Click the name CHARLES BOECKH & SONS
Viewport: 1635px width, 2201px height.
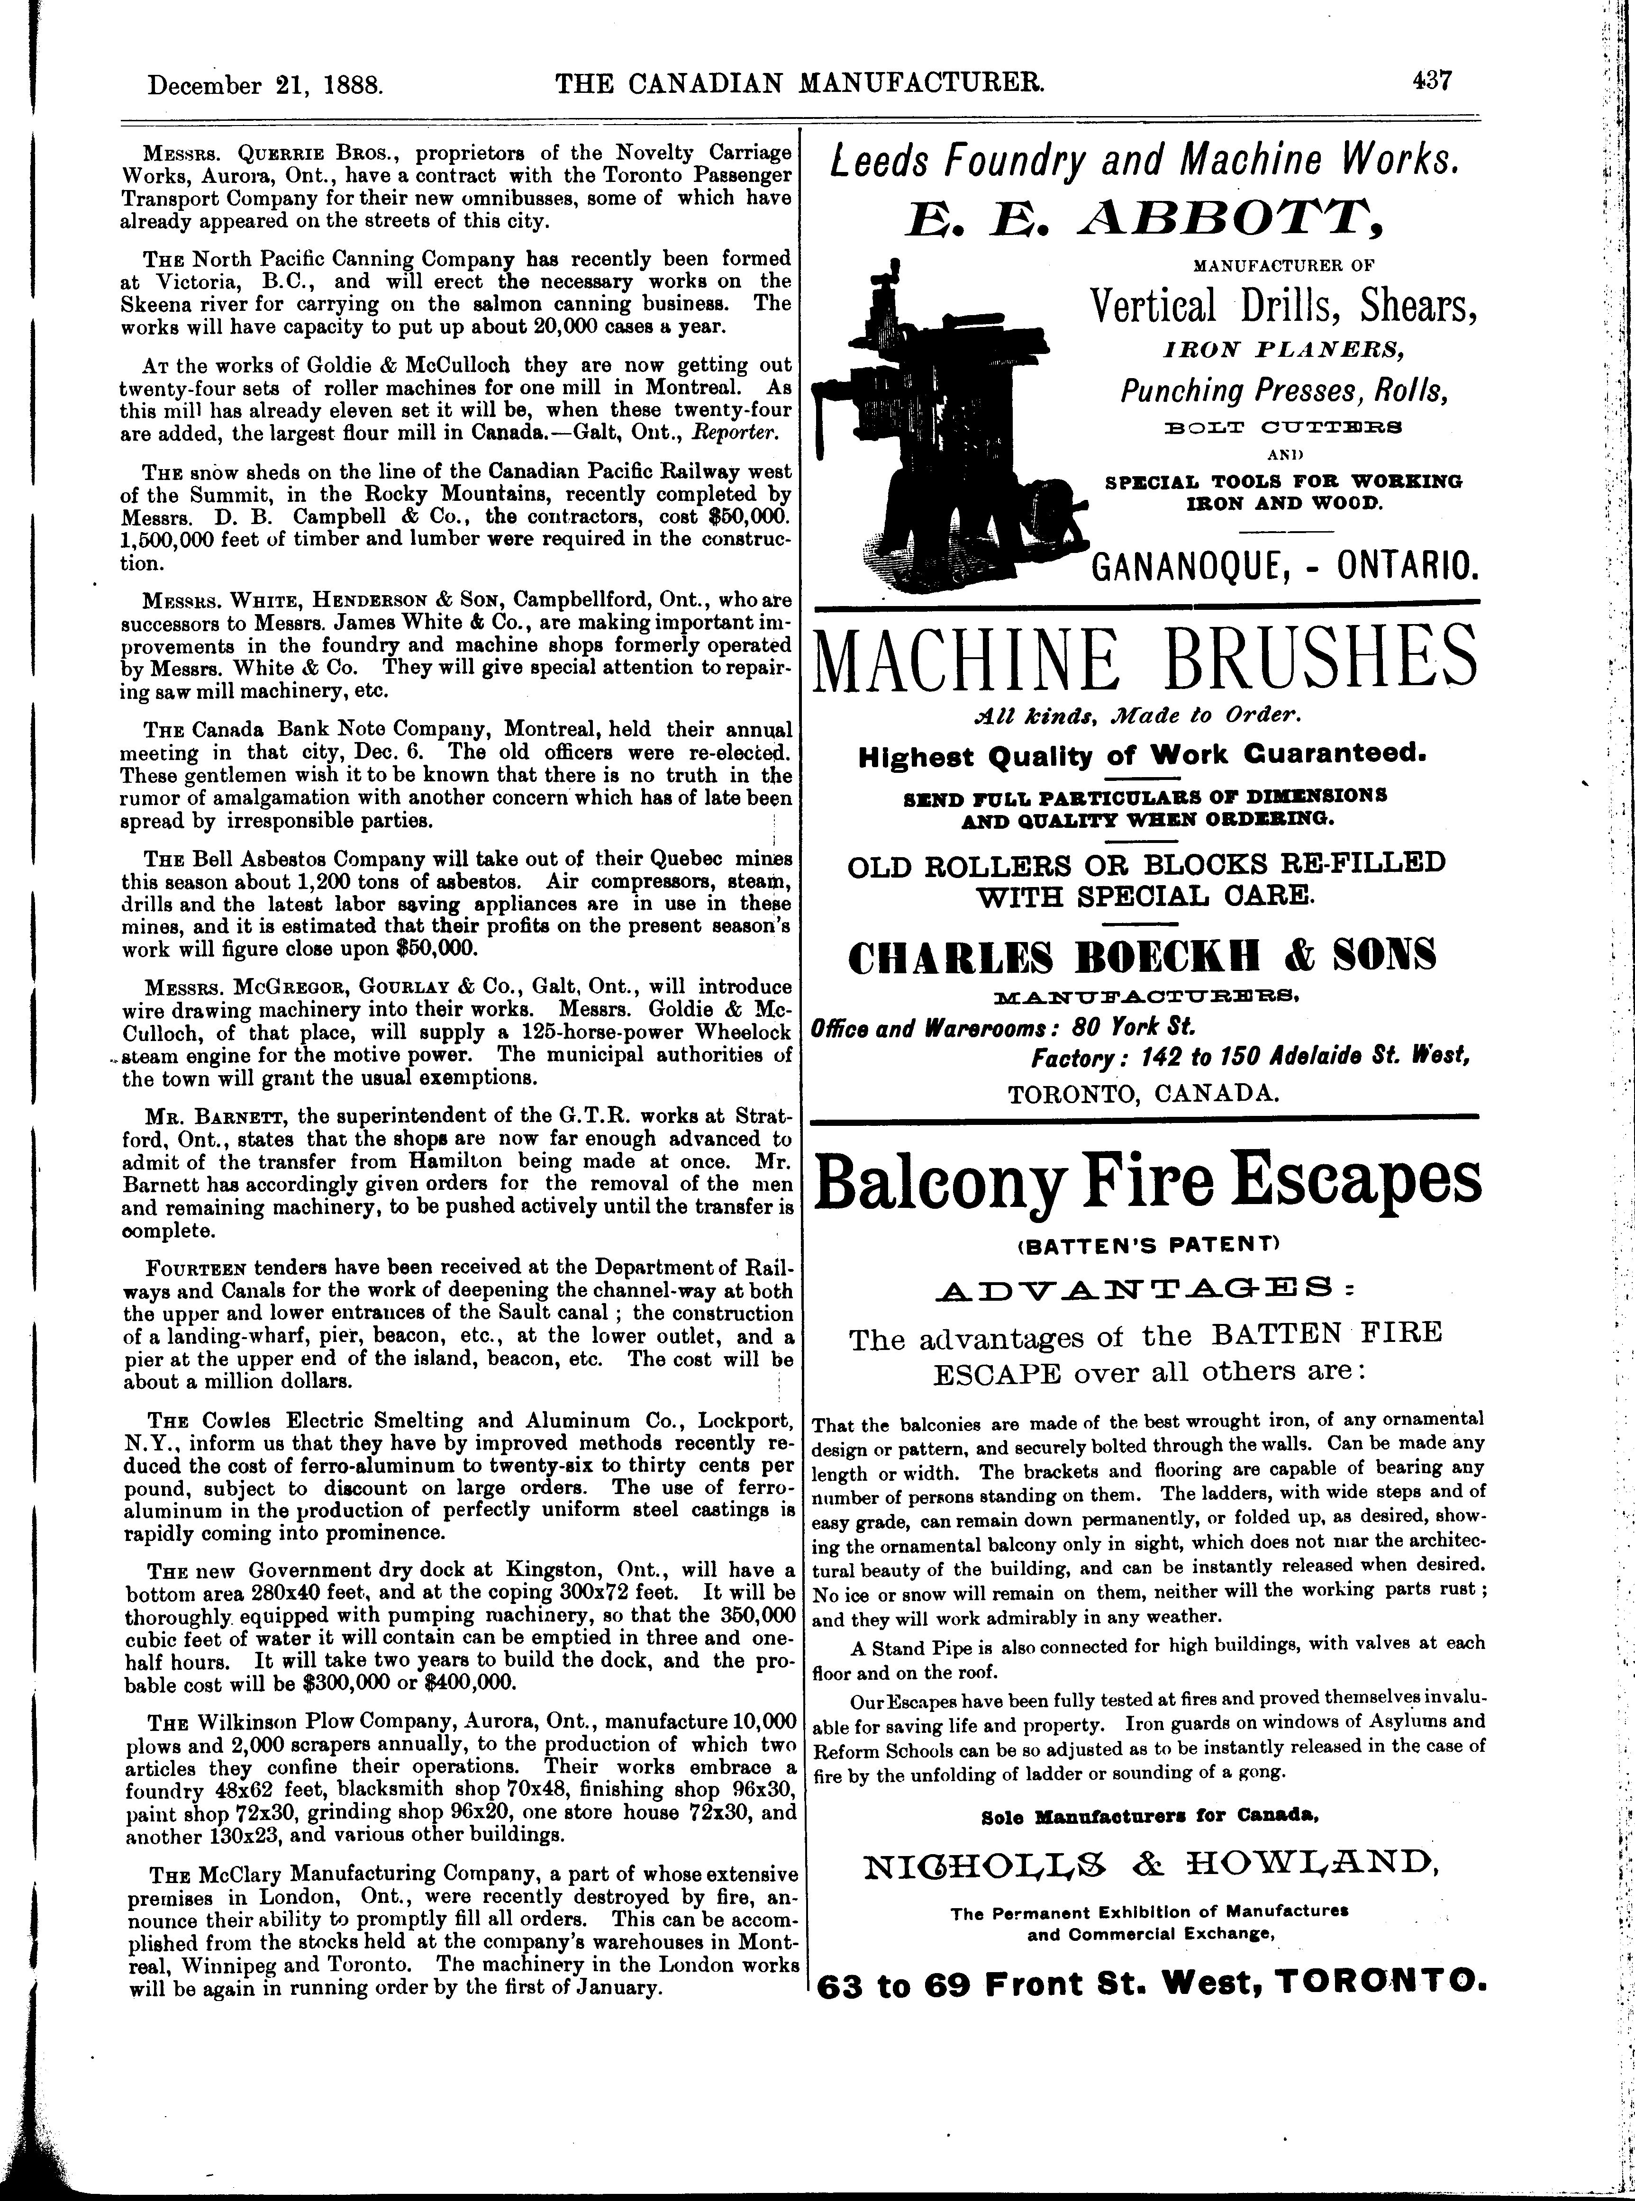click(x=1143, y=956)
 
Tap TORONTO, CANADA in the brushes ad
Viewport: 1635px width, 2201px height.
click(x=1143, y=1094)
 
